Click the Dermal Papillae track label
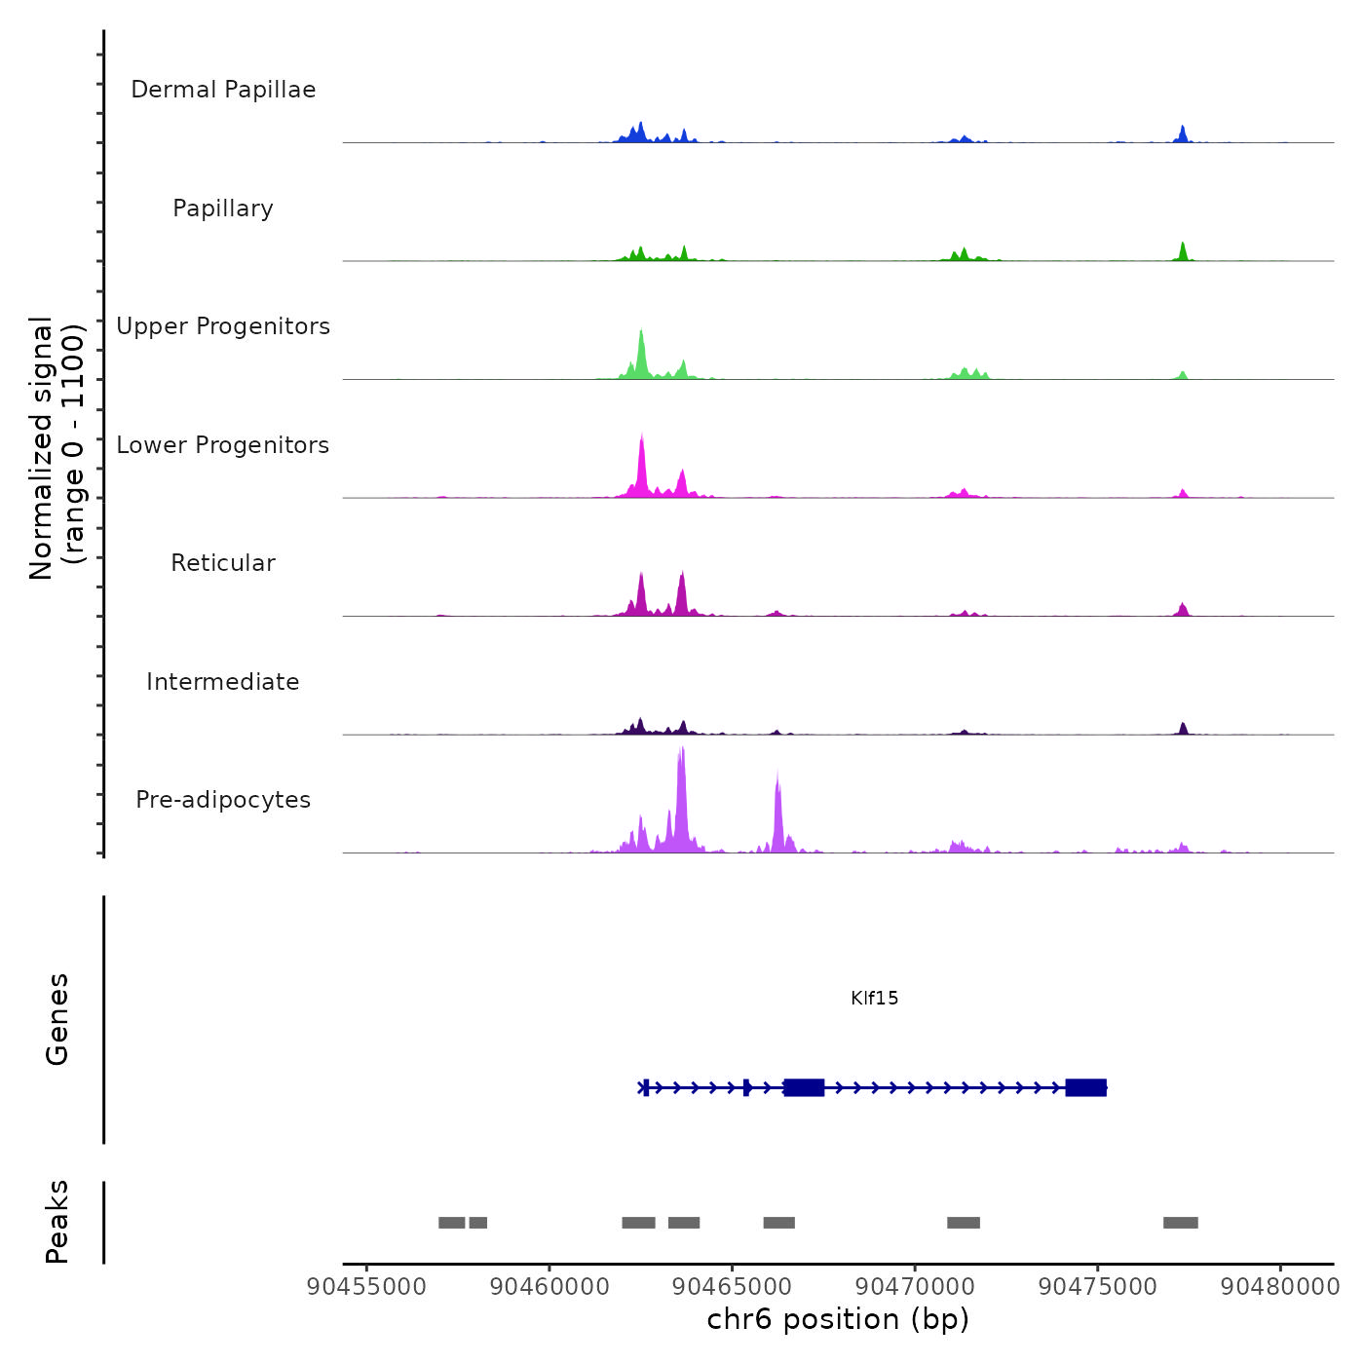(x=223, y=90)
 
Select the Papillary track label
(x=223, y=208)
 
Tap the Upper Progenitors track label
(x=223, y=326)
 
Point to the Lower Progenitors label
(x=223, y=445)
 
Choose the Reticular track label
(x=223, y=563)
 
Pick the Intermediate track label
(x=223, y=682)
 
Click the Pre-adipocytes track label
(x=223, y=800)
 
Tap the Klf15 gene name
(x=874, y=999)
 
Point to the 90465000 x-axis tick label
(x=733, y=1287)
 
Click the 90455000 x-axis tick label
(x=366, y=1287)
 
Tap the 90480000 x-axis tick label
(x=1280, y=1287)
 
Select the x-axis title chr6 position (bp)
(x=838, y=1319)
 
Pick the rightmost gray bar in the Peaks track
(x=1180, y=1223)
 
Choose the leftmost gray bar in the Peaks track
(x=451, y=1223)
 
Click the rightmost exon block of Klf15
(x=1085, y=1087)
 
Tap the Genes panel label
(x=57, y=1019)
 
